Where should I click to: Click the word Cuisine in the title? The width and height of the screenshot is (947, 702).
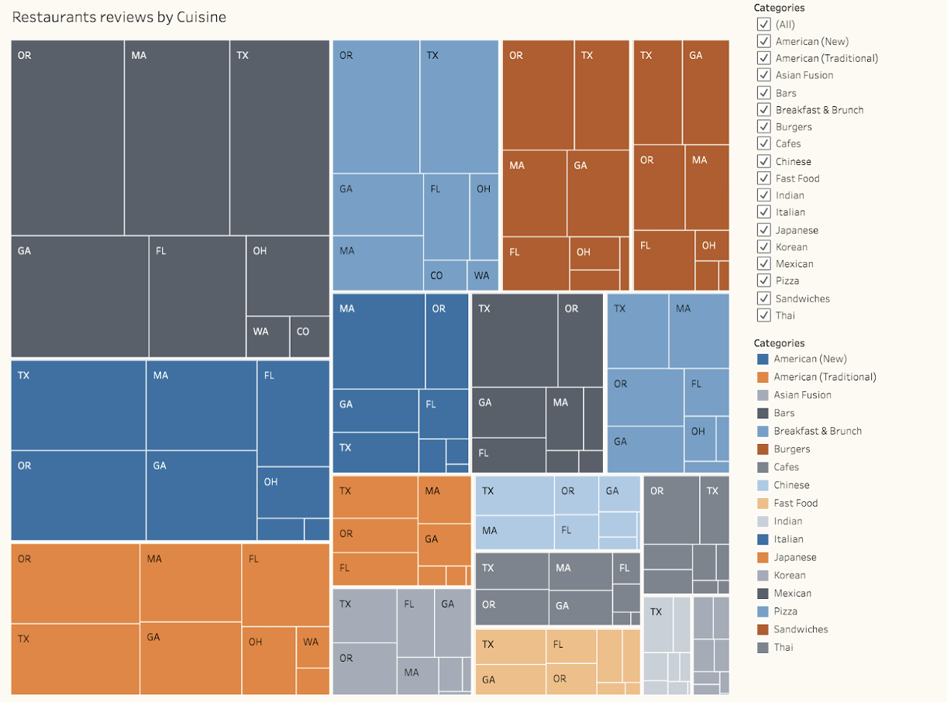click(x=201, y=17)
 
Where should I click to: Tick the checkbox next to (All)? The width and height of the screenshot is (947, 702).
click(x=763, y=24)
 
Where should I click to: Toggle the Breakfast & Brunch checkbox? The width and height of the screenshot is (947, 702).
click(x=763, y=110)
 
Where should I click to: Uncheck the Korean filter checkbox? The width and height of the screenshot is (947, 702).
click(x=763, y=247)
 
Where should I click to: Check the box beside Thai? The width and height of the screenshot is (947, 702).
click(x=763, y=315)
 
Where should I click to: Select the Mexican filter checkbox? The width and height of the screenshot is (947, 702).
click(x=763, y=263)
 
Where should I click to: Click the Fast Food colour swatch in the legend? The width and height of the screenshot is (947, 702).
click(x=763, y=503)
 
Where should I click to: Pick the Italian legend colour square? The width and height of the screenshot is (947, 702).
click(x=763, y=539)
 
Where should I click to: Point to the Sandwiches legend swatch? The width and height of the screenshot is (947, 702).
click(x=763, y=629)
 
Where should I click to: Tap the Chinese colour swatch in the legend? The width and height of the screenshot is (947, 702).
click(x=763, y=485)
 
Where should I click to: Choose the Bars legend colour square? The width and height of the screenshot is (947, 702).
click(x=763, y=413)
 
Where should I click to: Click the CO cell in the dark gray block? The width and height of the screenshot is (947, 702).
click(x=309, y=336)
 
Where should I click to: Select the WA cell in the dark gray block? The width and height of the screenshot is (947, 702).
click(x=267, y=336)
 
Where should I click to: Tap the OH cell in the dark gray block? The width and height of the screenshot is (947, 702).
click(x=288, y=276)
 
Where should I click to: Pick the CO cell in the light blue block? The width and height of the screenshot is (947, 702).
click(x=445, y=275)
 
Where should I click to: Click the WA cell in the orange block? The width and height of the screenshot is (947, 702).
click(x=313, y=647)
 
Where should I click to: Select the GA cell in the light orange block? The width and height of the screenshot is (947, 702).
click(x=511, y=680)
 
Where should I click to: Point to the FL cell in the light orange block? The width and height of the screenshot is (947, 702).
click(x=571, y=646)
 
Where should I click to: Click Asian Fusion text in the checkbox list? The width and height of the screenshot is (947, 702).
click(x=804, y=75)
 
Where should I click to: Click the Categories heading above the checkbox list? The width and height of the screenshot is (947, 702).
click(x=779, y=8)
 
